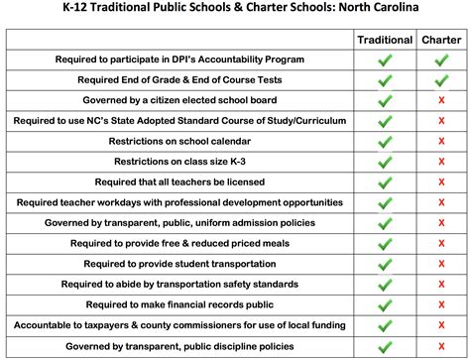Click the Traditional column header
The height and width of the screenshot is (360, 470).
point(385,41)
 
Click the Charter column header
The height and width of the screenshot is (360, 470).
point(440,41)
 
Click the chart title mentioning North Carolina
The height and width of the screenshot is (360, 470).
point(235,10)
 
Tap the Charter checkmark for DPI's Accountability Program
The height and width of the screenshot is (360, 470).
point(441,60)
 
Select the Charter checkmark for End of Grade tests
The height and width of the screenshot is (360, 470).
point(441,80)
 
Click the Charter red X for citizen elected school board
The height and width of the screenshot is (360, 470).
point(441,101)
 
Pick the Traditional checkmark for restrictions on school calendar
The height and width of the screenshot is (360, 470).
point(385,142)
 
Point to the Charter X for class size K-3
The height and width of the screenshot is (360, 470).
point(441,162)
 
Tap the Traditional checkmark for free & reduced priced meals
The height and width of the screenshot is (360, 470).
point(385,244)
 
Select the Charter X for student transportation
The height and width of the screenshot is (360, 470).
point(441,265)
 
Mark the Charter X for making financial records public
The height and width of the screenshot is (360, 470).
point(441,305)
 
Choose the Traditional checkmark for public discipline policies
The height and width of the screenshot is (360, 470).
point(385,346)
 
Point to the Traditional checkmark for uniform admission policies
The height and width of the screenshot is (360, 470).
point(385,223)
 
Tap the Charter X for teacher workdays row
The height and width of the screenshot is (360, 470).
point(441,202)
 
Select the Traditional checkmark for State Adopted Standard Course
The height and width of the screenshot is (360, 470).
point(385,121)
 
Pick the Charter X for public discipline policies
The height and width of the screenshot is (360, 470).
point(441,346)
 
